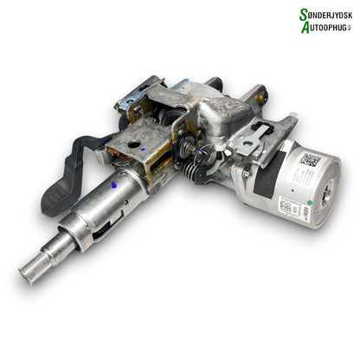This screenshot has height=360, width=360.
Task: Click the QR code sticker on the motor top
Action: [310, 160]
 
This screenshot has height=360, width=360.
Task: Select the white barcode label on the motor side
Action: [288, 209]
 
